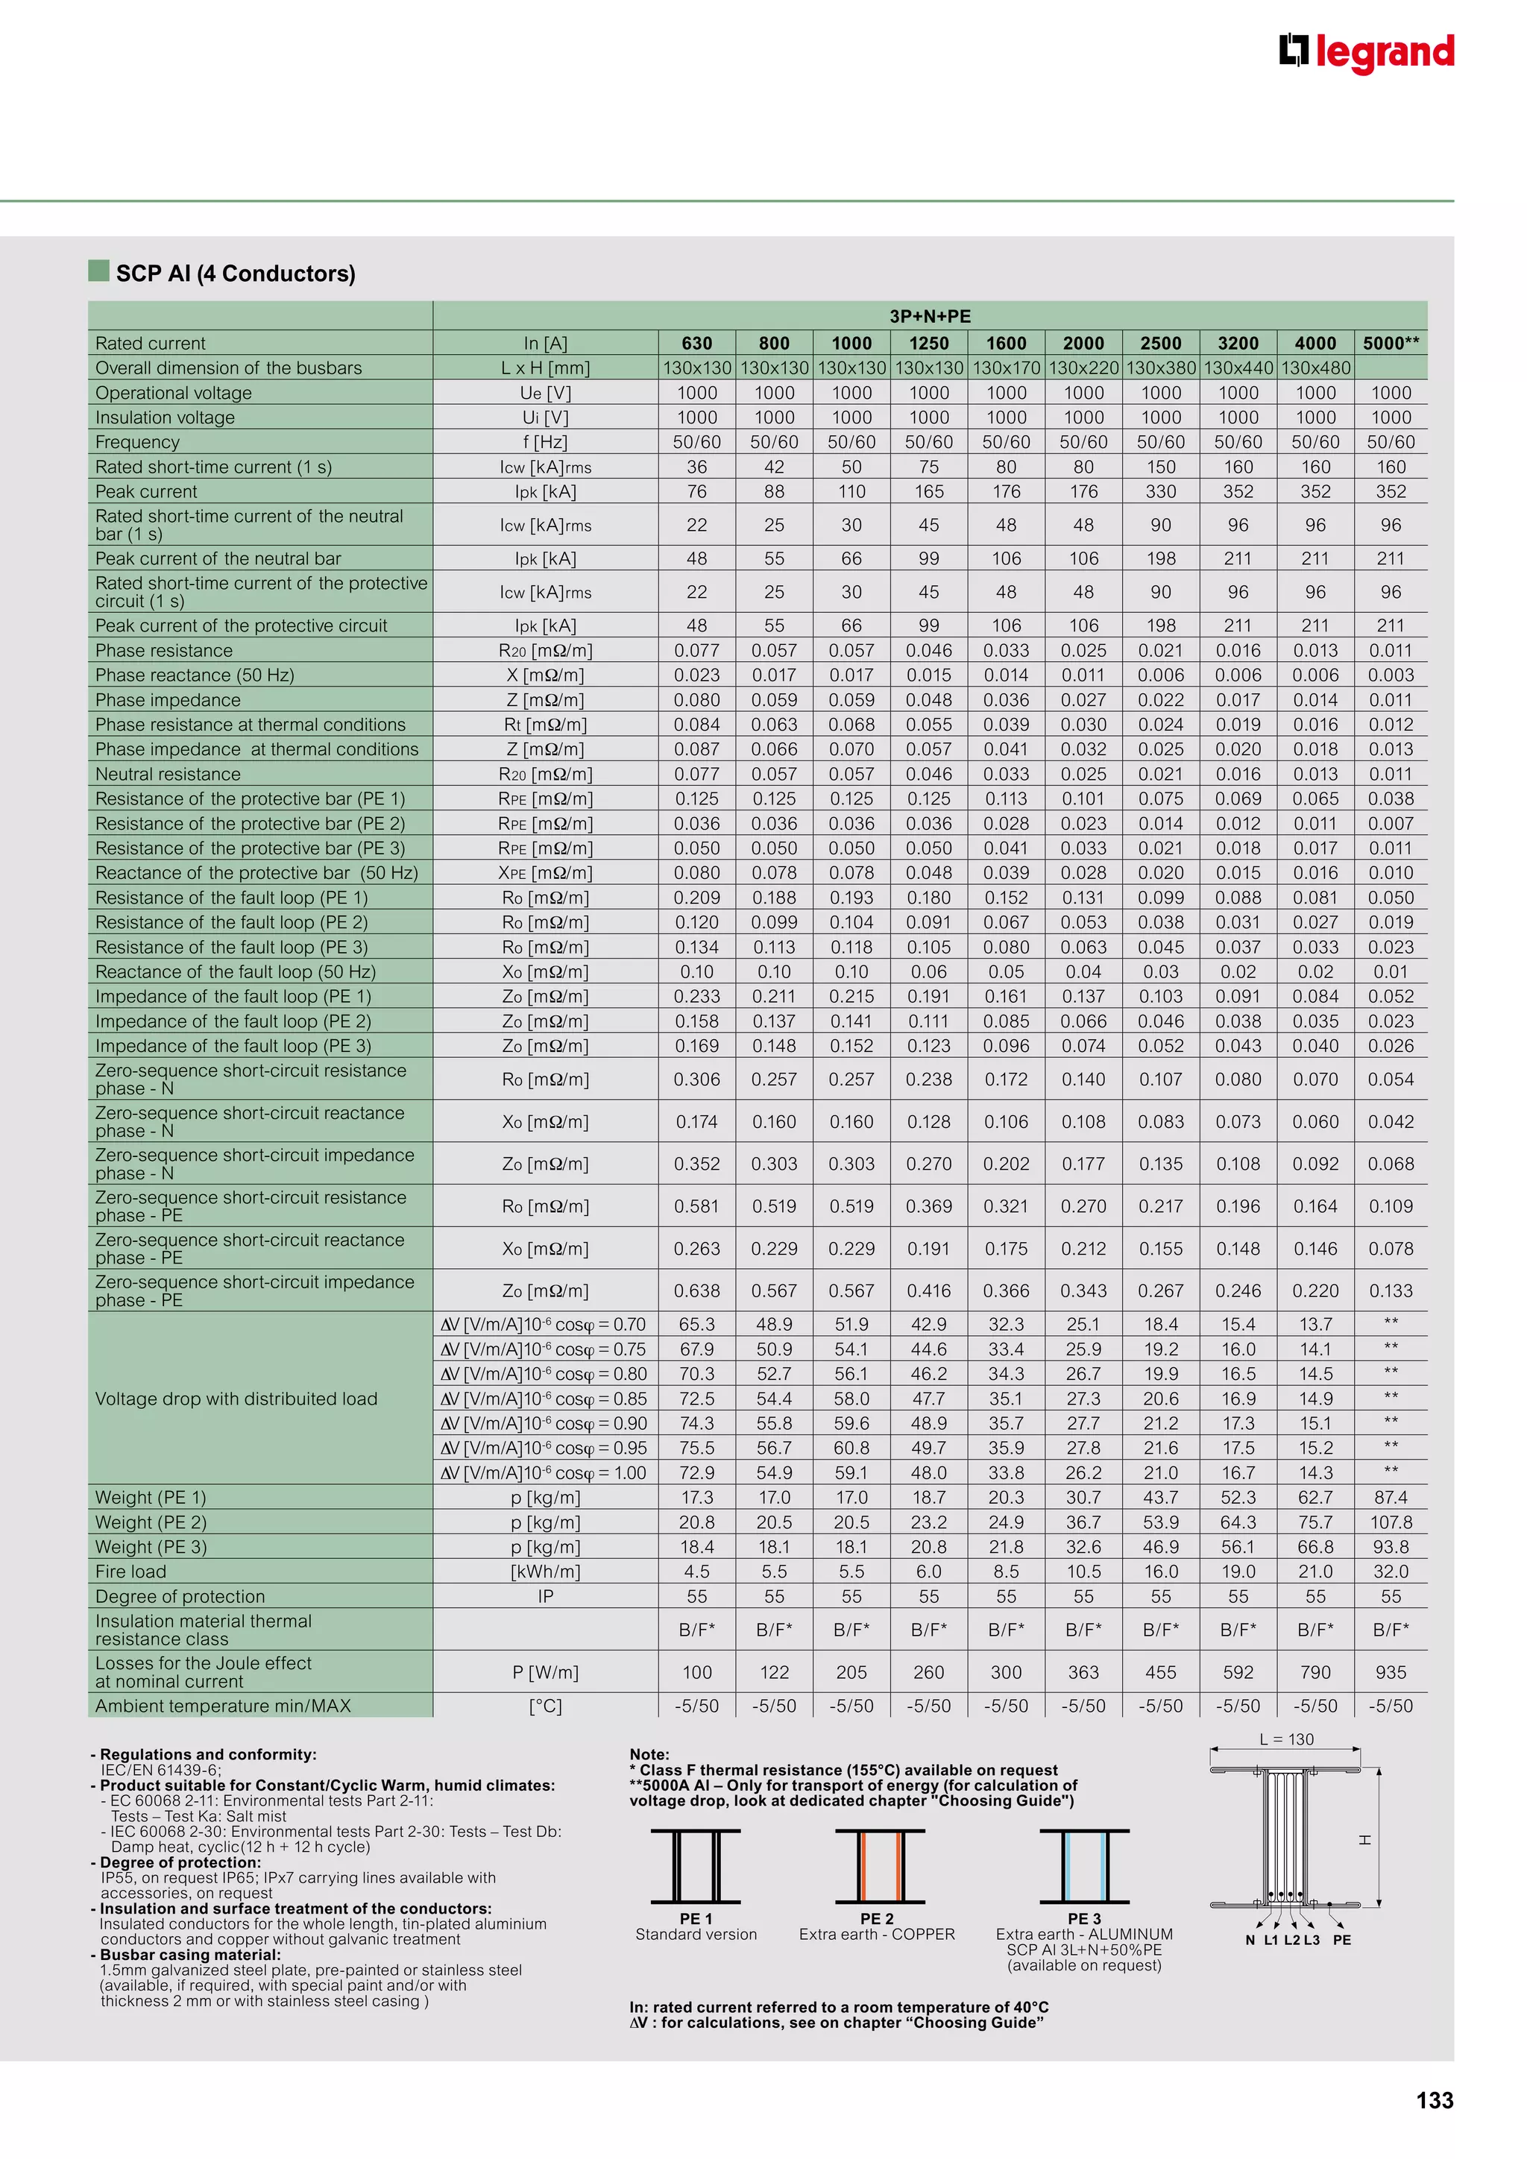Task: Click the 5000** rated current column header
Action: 1391,343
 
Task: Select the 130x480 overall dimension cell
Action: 1315,368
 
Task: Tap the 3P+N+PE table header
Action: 929,317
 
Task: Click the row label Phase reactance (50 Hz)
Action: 195,675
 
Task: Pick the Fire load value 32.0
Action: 1390,1572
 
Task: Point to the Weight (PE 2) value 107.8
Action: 1390,1522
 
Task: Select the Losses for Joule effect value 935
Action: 1390,1672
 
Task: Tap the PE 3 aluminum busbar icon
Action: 1084,1867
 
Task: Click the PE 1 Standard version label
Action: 696,1926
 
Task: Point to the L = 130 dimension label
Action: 1285,1739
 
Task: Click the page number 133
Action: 1434,2101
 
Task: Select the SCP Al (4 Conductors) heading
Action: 235,274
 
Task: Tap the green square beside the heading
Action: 98,271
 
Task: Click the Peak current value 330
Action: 1160,492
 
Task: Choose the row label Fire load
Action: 130,1572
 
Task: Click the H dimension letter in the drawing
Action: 1364,1840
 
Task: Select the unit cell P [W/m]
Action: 545,1672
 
